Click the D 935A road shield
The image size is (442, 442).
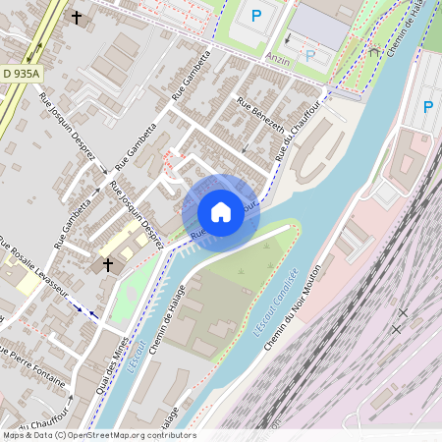click(x=21, y=74)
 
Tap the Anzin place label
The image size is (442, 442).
click(x=279, y=58)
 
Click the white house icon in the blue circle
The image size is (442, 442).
click(x=221, y=211)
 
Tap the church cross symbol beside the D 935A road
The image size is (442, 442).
click(x=78, y=17)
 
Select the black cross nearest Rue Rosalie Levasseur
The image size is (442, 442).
click(x=108, y=264)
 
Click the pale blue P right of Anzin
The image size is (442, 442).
click(x=310, y=56)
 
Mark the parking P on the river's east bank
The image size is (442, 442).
click(x=427, y=106)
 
